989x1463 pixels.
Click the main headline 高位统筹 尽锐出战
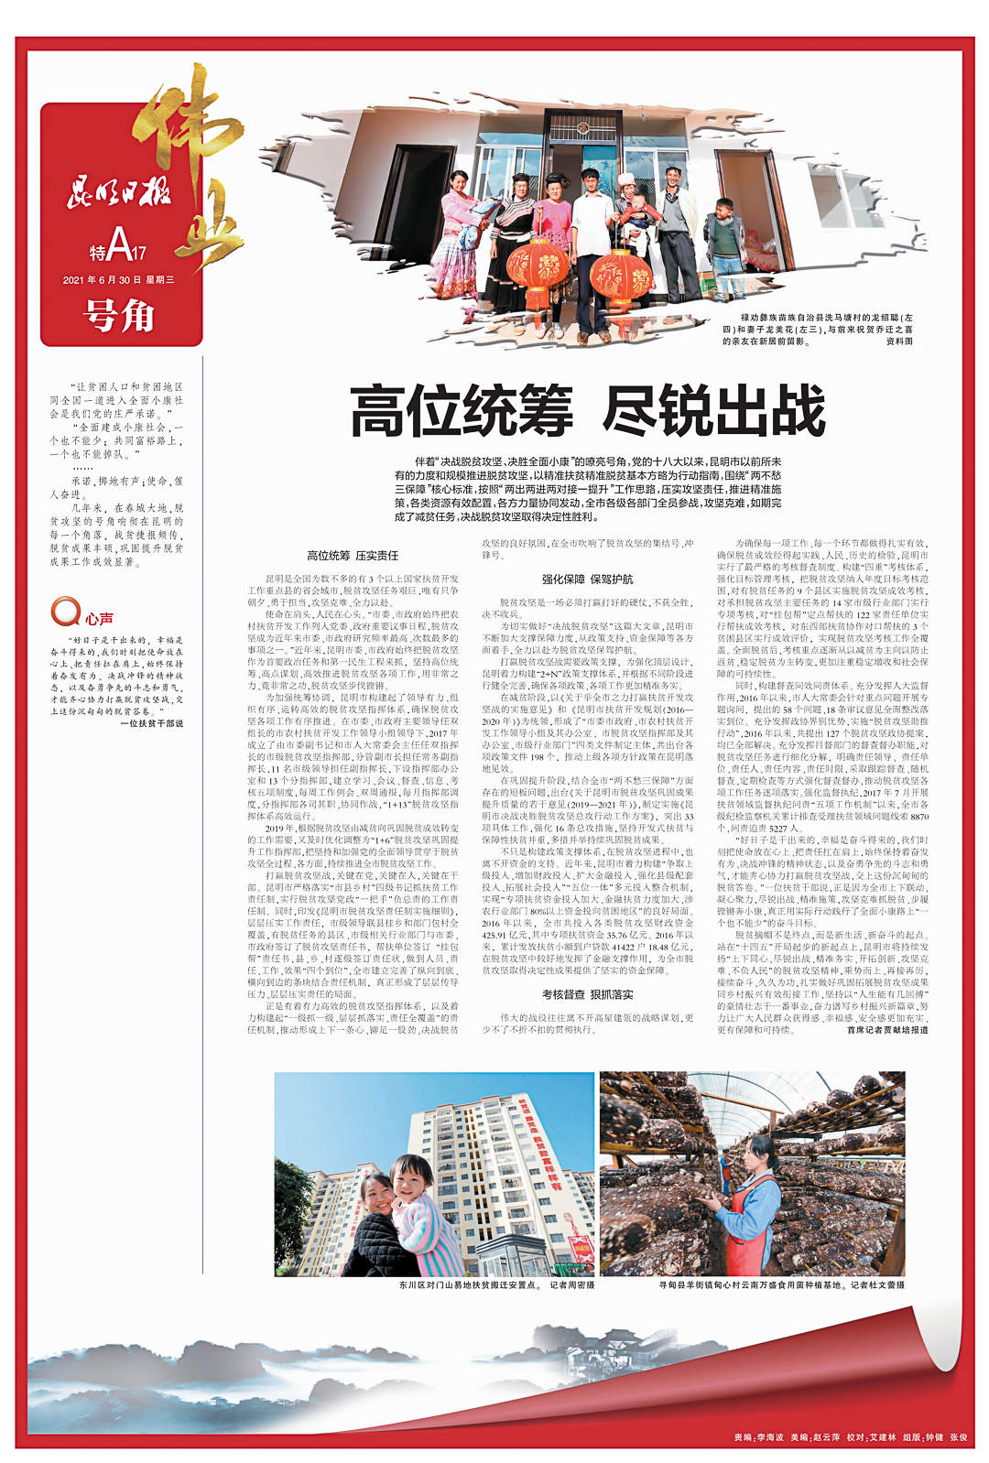pos(588,412)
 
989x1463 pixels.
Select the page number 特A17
pos(118,244)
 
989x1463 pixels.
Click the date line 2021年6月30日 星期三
pos(118,279)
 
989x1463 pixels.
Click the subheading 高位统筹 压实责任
pos(353,556)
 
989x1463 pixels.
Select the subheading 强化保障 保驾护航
pos(587,580)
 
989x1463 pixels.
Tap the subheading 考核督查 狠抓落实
pos(587,994)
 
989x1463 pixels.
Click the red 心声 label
pos(100,619)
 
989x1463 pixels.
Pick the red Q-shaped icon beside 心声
pos(65,612)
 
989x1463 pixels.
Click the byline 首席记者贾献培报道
pos(886,1030)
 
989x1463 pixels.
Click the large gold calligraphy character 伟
pos(179,137)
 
